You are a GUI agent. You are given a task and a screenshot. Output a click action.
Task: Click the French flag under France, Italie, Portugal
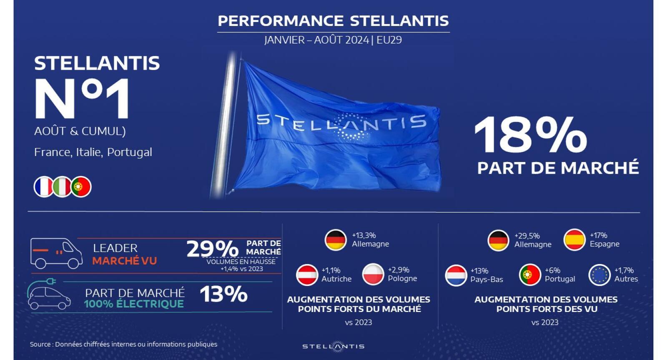coord(43,187)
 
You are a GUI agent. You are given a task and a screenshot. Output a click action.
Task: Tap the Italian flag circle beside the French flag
coord(62,187)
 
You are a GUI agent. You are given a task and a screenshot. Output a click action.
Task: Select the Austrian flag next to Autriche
coord(307,275)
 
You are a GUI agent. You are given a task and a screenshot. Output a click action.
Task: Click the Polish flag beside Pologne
coord(373,274)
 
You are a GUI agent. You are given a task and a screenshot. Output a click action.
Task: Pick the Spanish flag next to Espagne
coord(575,239)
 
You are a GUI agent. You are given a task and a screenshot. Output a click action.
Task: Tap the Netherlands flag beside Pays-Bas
coord(456,275)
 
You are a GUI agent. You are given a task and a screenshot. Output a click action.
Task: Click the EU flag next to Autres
coord(600,275)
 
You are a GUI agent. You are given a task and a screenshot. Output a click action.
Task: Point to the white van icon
coord(56,253)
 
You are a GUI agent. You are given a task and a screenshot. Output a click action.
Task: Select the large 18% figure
coord(531,136)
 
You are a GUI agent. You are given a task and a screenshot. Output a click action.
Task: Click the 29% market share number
coord(212,249)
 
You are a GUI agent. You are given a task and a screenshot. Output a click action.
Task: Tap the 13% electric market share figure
coord(223,294)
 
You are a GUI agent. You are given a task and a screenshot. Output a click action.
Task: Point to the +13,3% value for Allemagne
coord(364,235)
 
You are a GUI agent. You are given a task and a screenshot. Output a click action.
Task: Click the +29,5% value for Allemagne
coord(527,236)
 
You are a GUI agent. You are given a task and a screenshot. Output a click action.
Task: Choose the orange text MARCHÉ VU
coord(125,261)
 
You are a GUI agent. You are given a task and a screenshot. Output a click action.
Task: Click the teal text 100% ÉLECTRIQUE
coord(134,304)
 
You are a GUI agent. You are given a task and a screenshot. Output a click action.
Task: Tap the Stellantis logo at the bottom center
coord(333,346)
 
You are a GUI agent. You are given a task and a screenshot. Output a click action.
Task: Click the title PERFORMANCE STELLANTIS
coord(333,21)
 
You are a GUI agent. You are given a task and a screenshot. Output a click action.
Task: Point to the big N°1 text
coord(82,98)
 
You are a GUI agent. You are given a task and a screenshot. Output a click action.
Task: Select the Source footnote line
coord(123,344)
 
